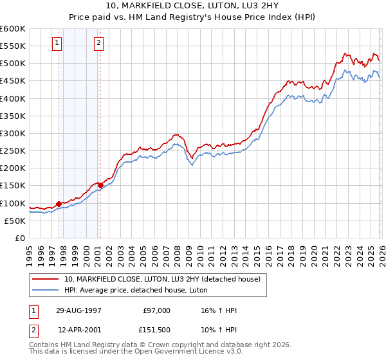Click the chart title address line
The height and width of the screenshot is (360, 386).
click(193, 6)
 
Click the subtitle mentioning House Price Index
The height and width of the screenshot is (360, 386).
click(193, 17)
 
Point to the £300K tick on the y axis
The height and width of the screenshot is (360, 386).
click(13, 133)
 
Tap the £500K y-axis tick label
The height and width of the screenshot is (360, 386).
click(13, 64)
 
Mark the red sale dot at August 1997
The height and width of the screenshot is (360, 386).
click(59, 204)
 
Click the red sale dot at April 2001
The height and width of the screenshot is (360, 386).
click(100, 185)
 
